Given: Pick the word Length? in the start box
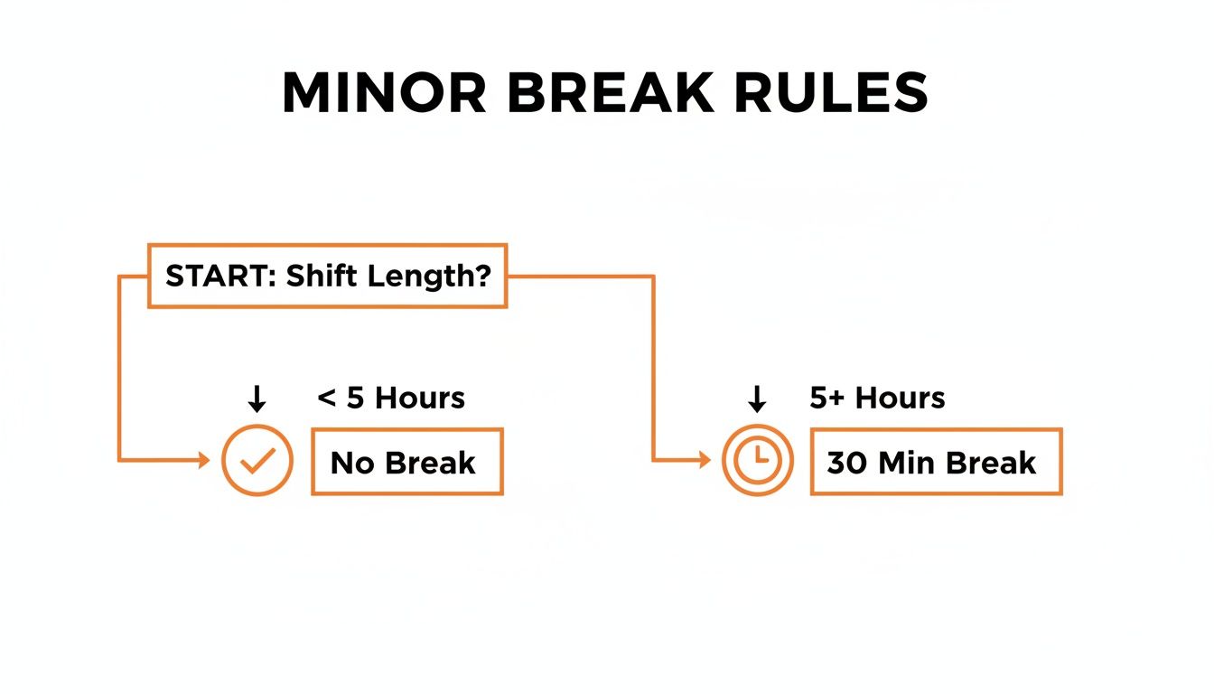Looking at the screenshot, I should (x=428, y=277).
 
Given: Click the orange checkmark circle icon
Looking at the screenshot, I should (x=257, y=461).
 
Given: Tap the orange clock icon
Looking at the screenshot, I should (x=757, y=461).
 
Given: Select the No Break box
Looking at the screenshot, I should (x=406, y=462).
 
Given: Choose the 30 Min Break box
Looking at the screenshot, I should (x=936, y=462).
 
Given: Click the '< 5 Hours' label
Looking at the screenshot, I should (x=391, y=398).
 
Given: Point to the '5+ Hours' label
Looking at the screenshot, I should (x=877, y=398).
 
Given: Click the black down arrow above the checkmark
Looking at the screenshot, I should (x=257, y=399).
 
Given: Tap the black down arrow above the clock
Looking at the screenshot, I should (x=757, y=399).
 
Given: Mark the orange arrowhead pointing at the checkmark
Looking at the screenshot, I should (x=203, y=461).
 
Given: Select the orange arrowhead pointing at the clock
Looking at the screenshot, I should (x=704, y=461).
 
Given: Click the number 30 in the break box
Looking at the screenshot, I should (x=846, y=463).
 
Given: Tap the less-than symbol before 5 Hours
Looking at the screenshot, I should (x=326, y=399).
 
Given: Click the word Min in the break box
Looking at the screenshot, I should (x=908, y=463).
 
